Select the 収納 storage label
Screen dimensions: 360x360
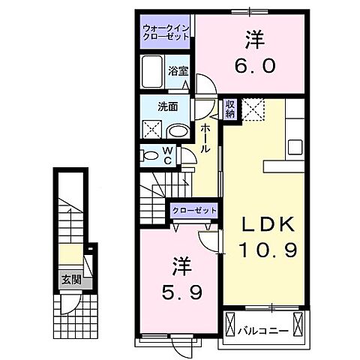[x=230, y=109]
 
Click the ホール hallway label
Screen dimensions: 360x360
[x=205, y=139]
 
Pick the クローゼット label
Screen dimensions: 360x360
[x=194, y=211]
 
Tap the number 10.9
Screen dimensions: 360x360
[x=268, y=248]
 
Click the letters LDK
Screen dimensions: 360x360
[x=267, y=223]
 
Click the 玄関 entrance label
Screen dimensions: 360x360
[x=71, y=282]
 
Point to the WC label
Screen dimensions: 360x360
[x=167, y=156]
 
